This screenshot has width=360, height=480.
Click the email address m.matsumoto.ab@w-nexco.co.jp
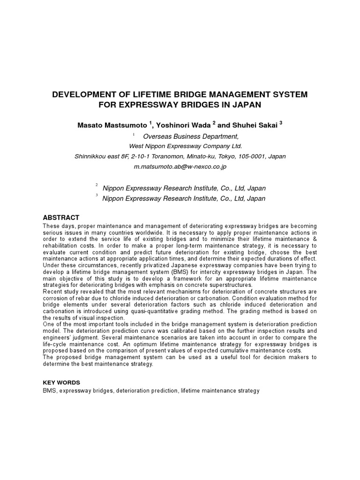pos(180,166)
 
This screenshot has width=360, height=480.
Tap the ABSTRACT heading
pos(61,218)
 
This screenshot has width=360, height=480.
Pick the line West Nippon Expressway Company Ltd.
pos(180,146)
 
